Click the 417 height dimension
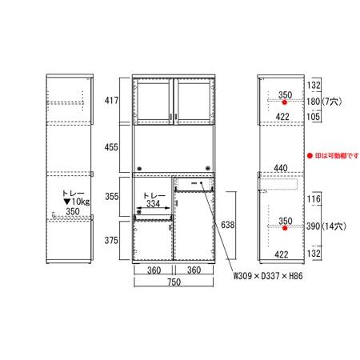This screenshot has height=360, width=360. coord(111,101)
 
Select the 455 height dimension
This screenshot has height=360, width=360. coord(111,147)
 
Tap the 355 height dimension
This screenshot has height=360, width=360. coord(112,197)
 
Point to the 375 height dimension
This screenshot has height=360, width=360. coord(111,241)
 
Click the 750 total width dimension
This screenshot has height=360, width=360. coord(174,282)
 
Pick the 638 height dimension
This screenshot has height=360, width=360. coord(228,225)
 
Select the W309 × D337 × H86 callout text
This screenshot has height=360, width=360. coord(268,276)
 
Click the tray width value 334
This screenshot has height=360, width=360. coord(154,204)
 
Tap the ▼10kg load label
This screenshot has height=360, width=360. coord(77,202)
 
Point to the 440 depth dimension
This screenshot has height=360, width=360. coord(281,168)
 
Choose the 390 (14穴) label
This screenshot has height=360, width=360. coord(326,226)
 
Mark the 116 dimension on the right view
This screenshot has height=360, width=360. coord(314,199)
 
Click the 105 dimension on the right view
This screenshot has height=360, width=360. coord(314,116)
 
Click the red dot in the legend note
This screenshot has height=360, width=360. coord(310,155)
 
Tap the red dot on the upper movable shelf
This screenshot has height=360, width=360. coord(285,102)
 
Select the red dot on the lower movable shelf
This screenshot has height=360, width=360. coord(285,228)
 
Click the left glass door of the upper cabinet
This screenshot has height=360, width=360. coord(153,102)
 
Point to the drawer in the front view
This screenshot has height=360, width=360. coord(194,184)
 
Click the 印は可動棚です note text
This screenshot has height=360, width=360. coord(337,155)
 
